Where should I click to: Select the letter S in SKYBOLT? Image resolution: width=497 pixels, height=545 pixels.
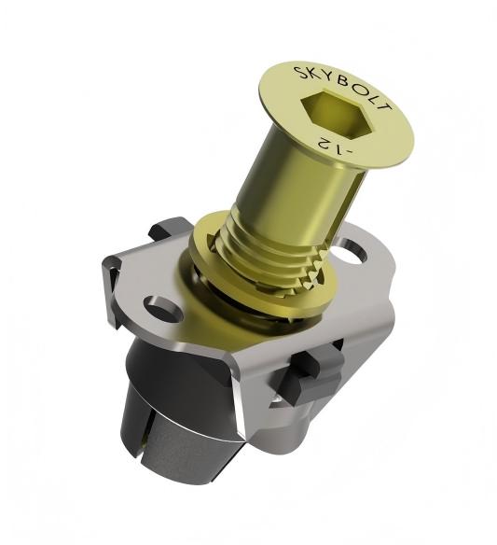(299, 73)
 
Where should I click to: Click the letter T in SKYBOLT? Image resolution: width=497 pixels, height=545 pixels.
(385, 105)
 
